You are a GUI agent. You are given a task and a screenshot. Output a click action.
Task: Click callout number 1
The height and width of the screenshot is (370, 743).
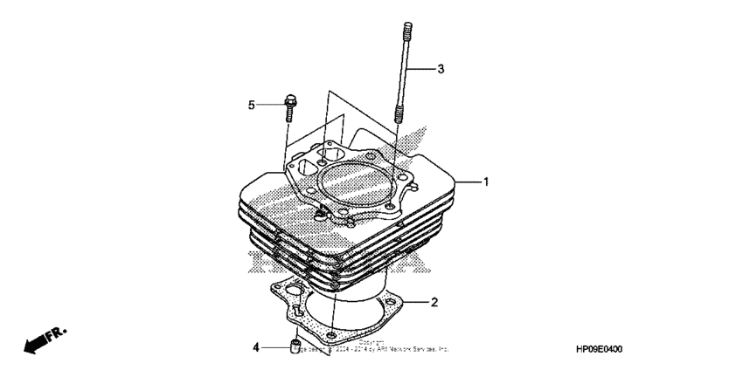[x=486, y=182]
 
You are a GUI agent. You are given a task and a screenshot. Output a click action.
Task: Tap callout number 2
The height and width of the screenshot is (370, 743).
[x=434, y=303]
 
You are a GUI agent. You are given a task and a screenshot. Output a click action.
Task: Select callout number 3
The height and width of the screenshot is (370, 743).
[x=441, y=68]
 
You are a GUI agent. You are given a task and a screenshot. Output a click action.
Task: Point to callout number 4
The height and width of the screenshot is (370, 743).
[x=257, y=347]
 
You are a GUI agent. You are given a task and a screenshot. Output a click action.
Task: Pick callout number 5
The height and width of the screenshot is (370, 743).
[x=251, y=106]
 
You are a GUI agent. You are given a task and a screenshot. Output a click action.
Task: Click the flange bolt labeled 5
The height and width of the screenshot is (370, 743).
[x=289, y=107]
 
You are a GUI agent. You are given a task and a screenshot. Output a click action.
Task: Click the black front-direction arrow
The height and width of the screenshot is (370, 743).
[x=36, y=344]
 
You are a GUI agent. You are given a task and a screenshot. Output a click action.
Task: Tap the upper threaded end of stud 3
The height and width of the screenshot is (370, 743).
[x=406, y=40]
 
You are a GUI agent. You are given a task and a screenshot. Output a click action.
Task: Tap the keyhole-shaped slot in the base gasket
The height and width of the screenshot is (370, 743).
[x=299, y=307]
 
